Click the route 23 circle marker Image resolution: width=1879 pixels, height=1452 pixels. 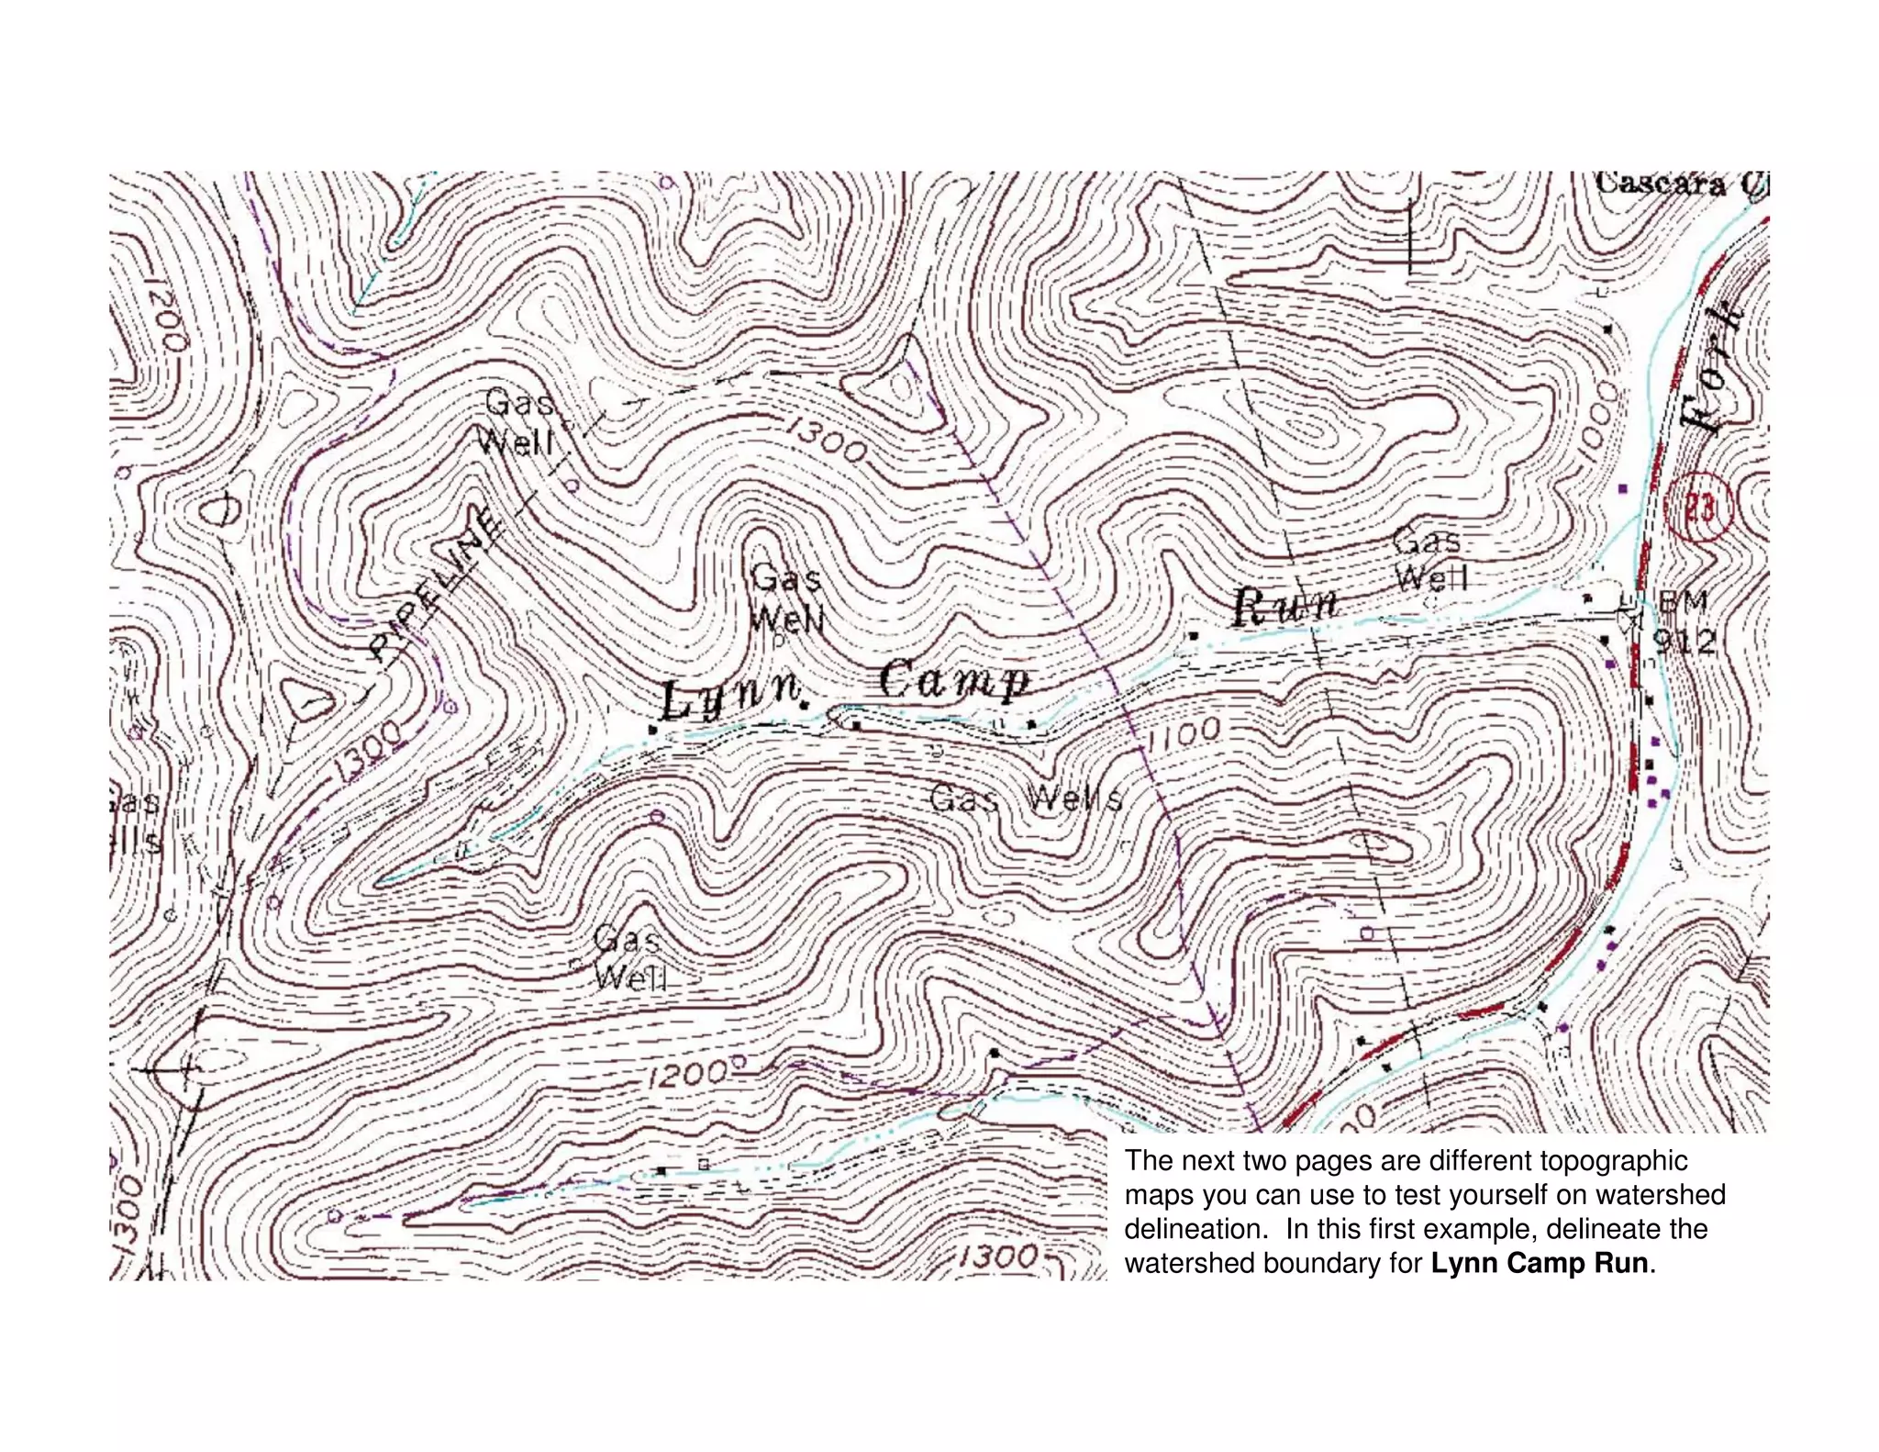(1698, 508)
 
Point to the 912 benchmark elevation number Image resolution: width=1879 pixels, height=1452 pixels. (1684, 642)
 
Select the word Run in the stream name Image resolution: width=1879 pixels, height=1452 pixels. (1284, 606)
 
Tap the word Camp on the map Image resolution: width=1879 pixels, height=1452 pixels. (954, 680)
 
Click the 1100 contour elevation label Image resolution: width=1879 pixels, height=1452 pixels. (1185, 732)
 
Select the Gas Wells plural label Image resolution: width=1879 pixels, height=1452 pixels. (1026, 799)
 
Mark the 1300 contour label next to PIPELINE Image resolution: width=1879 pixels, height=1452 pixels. (367, 750)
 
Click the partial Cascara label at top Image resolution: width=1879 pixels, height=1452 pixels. (1679, 184)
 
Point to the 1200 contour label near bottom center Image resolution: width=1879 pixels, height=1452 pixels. (687, 1074)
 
